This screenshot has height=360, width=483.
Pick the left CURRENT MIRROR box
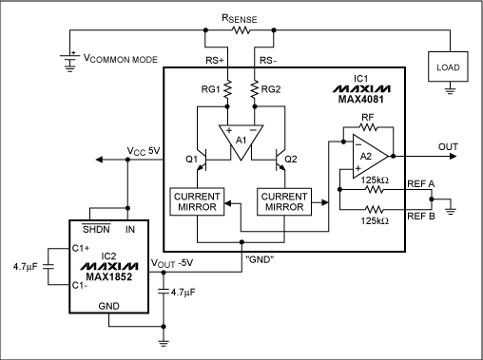click(196, 201)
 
